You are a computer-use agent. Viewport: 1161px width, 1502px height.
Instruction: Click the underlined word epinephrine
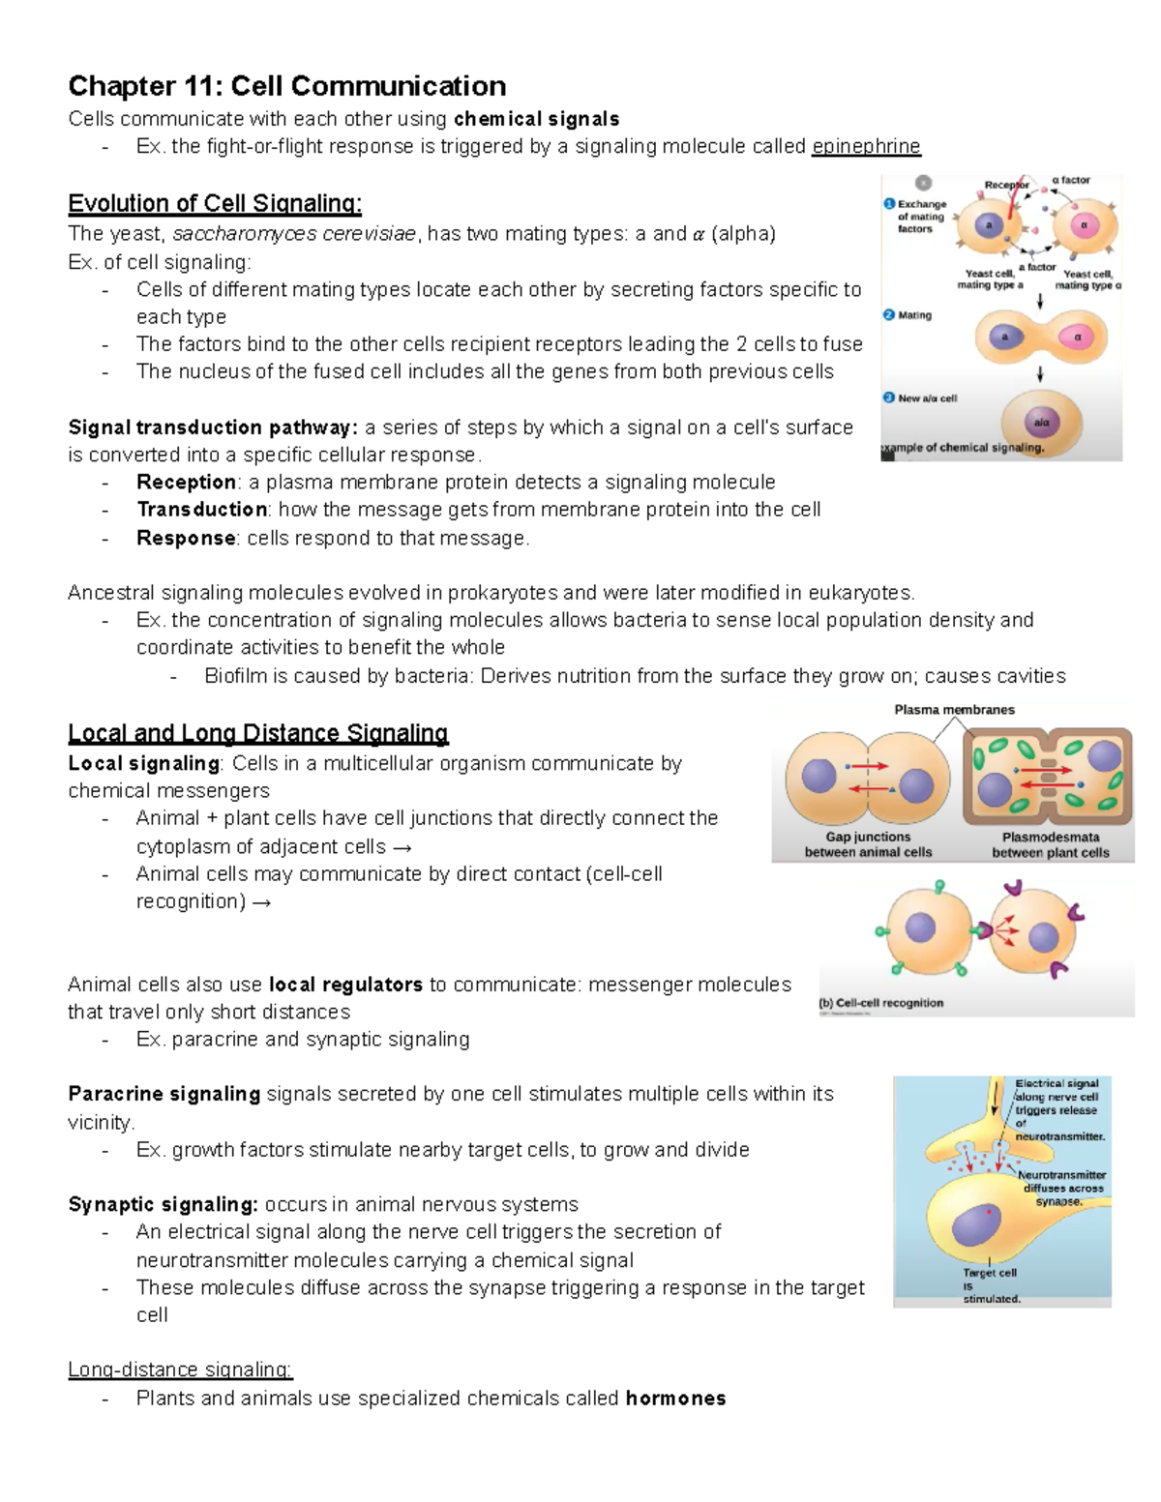(x=866, y=147)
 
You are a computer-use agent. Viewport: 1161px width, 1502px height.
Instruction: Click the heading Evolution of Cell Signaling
(x=215, y=204)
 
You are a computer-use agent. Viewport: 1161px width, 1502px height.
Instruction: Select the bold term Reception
(x=187, y=483)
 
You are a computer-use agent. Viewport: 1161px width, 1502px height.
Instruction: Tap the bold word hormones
(x=675, y=1399)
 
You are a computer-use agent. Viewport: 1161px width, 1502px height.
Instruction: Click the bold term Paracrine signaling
(x=164, y=1094)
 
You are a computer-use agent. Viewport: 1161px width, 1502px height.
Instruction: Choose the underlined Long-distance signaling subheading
(x=180, y=1369)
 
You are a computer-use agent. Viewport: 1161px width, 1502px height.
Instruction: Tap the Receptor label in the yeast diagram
(x=1006, y=185)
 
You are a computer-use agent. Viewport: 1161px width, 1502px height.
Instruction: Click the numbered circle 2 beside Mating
(x=889, y=314)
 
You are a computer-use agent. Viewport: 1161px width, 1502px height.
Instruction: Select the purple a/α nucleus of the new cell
(x=1041, y=422)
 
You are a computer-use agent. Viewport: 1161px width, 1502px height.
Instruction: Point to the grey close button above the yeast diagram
(x=923, y=182)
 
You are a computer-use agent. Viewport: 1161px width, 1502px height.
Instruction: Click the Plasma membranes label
(x=954, y=710)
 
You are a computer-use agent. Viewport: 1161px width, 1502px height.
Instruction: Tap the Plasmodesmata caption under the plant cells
(x=1051, y=838)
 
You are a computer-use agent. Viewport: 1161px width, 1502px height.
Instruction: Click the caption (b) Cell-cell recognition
(x=881, y=1003)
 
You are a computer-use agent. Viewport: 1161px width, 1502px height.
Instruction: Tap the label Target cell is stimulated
(x=990, y=1285)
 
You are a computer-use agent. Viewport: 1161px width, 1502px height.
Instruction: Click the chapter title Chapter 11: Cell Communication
(x=287, y=86)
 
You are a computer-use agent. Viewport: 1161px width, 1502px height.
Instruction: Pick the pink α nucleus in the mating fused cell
(x=1076, y=338)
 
